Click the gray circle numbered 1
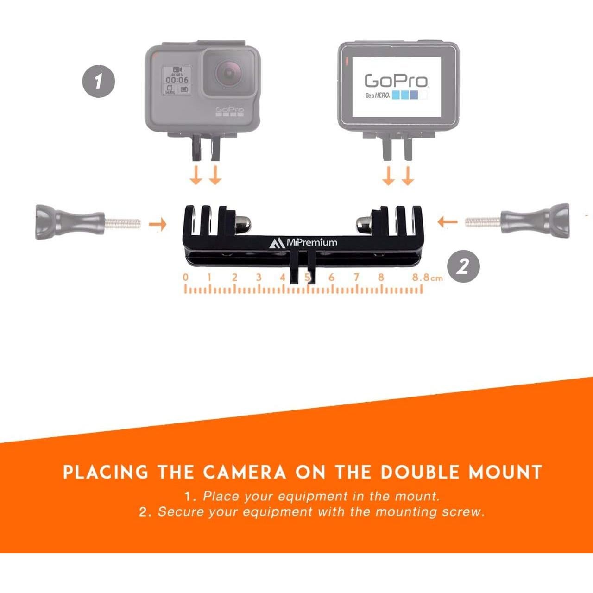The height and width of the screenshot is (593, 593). [98, 82]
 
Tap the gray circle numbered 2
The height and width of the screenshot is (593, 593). [463, 267]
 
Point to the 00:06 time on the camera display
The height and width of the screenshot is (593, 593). [177, 80]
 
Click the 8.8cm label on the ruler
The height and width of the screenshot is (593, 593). [427, 278]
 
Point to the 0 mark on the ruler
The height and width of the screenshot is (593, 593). [186, 278]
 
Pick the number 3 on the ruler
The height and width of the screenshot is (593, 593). [259, 278]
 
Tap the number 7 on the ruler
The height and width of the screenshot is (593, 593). [356, 278]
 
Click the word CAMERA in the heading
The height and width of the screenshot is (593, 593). [245, 473]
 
